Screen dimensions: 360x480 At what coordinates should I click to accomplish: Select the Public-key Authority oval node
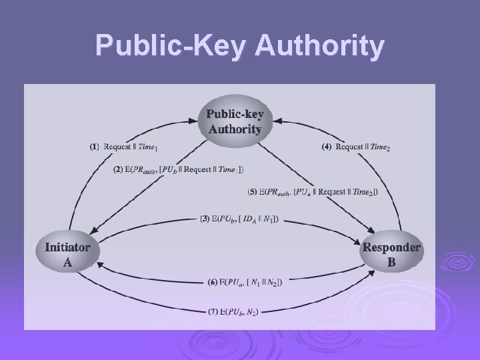coord(235,121)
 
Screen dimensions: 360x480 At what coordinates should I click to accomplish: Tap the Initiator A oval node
coord(67,254)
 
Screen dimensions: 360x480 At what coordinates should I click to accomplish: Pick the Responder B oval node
coord(391,254)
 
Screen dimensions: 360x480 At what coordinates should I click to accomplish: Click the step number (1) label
coord(95,147)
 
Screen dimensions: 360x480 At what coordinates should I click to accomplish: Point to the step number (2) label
coord(118,169)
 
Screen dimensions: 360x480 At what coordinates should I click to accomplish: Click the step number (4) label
coord(326,147)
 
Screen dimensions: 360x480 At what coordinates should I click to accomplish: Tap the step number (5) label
coord(252,192)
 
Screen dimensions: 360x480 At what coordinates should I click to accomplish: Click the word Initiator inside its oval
coord(67,247)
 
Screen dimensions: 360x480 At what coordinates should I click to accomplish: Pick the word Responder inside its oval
coord(391,247)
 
